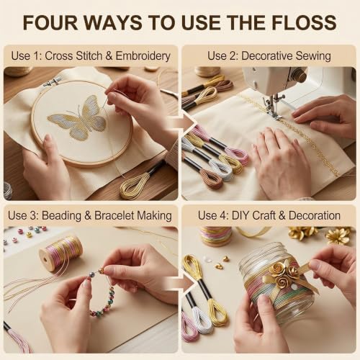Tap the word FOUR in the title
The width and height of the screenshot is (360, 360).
click(51, 22)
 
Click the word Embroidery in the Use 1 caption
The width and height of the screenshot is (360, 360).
click(143, 56)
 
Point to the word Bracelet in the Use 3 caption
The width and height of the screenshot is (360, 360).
click(114, 215)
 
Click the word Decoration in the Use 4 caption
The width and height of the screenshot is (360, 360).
click(315, 215)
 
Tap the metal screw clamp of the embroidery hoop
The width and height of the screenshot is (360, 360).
click(51, 82)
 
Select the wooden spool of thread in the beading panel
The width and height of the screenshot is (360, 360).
click(60, 253)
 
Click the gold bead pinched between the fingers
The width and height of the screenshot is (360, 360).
click(101, 271)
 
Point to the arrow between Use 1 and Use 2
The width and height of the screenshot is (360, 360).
click(181, 123)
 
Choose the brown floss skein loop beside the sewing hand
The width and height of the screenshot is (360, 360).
click(211, 179)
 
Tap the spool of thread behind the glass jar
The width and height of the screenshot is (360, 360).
click(216, 236)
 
